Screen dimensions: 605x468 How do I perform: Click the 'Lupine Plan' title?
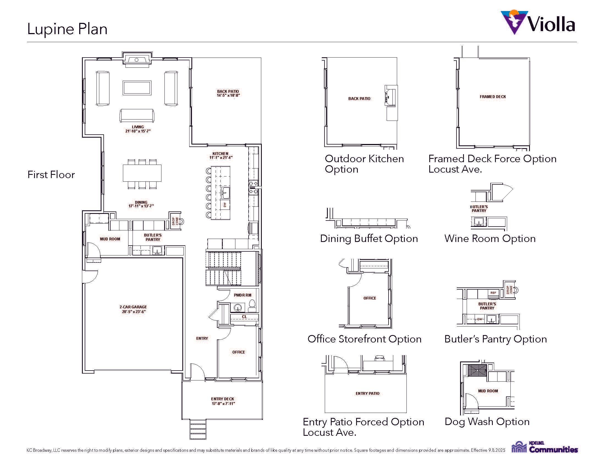click(67, 29)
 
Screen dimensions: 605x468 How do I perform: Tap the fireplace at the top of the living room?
click(137, 59)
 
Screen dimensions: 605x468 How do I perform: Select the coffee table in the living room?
click(137, 88)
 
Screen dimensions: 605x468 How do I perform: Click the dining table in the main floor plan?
click(142, 173)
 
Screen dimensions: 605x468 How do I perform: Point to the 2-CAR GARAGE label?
click(133, 309)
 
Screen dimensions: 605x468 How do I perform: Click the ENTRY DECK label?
click(223, 401)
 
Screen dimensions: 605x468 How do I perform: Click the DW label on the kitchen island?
click(225, 205)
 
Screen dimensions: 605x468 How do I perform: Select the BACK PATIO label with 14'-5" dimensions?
click(228, 93)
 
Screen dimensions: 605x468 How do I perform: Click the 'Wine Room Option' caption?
click(490, 238)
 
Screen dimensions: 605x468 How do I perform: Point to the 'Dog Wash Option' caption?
click(487, 421)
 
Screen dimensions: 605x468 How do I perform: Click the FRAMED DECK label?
click(493, 97)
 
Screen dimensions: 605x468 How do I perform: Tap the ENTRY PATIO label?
click(368, 393)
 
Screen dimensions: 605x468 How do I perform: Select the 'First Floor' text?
click(51, 175)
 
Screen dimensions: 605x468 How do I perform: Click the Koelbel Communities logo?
click(544, 447)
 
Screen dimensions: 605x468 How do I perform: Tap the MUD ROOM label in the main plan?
click(110, 239)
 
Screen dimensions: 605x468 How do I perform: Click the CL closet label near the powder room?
click(244, 317)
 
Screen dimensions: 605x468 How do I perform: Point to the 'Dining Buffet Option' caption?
click(369, 238)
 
